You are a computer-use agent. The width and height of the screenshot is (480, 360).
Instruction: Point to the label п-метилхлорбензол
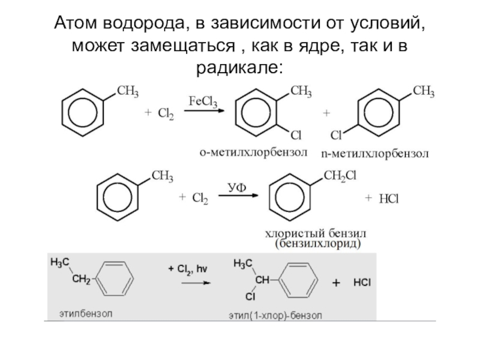pos(374,154)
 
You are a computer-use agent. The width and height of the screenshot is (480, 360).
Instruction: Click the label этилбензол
pos(85,313)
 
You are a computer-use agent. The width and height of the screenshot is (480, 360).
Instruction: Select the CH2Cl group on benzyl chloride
pos(340,175)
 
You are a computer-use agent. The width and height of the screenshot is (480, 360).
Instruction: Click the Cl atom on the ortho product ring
pos(296,136)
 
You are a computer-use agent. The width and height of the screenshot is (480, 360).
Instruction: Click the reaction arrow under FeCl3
pos(203,111)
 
